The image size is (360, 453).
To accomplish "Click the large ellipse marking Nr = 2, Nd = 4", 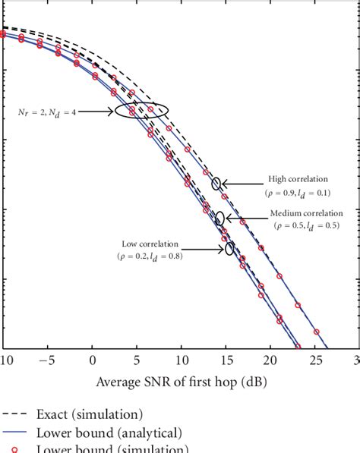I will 141,110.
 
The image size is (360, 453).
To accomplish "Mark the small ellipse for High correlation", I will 217,183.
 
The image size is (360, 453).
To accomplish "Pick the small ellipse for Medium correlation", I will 220,219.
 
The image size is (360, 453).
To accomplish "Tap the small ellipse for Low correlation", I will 229,248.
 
